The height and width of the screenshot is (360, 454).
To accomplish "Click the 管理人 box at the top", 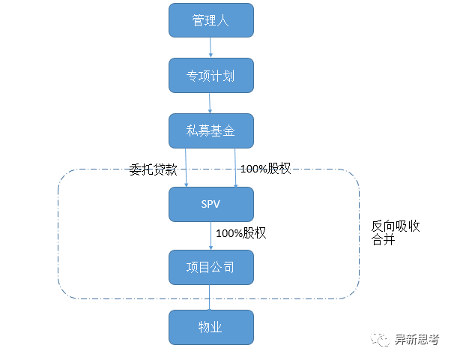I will [x=211, y=20].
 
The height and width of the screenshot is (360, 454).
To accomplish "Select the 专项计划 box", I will [x=211, y=76].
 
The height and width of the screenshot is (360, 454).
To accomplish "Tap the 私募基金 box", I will [x=211, y=131].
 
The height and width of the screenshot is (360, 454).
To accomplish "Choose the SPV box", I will [x=211, y=204].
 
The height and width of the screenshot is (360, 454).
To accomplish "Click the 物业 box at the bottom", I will [x=211, y=328].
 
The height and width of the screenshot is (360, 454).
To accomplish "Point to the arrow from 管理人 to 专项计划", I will [x=211, y=48].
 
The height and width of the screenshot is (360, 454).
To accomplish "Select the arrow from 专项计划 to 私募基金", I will [x=211, y=103].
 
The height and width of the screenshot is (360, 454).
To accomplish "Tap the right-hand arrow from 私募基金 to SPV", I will [x=237, y=167].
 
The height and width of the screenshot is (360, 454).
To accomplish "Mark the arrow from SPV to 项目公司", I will [x=211, y=236].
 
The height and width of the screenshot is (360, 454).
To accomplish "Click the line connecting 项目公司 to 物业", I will [x=211, y=298].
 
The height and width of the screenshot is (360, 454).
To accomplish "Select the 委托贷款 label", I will [x=153, y=169].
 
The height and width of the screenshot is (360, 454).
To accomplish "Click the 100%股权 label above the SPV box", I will [x=265, y=169].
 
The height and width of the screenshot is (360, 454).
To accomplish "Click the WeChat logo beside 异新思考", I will [x=382, y=340].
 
